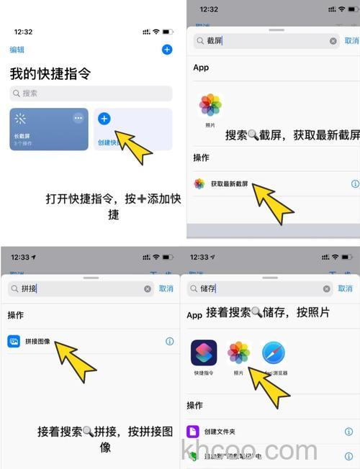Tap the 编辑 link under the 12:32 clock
(x=17, y=50)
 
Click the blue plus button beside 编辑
(x=167, y=50)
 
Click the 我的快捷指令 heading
(x=50, y=73)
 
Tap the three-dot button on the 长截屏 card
(x=78, y=118)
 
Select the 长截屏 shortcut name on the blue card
(x=22, y=137)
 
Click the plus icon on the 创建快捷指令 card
(x=104, y=119)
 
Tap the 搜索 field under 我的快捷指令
(x=91, y=94)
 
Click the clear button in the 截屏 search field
(x=333, y=41)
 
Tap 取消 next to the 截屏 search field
(x=351, y=41)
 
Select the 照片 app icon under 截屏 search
(x=210, y=105)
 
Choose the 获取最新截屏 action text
(x=230, y=184)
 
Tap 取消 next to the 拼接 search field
(x=166, y=288)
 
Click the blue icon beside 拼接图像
(x=14, y=342)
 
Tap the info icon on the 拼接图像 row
(x=170, y=342)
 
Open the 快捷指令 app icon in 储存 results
(x=204, y=353)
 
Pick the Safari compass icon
(x=274, y=353)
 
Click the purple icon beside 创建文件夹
(x=193, y=432)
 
